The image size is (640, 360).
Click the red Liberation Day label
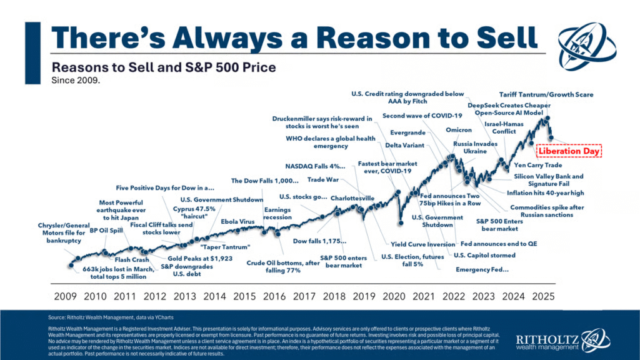pos(569,151)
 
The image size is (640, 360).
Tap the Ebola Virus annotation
pos(238,222)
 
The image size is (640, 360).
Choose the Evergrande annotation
pos(407,132)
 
